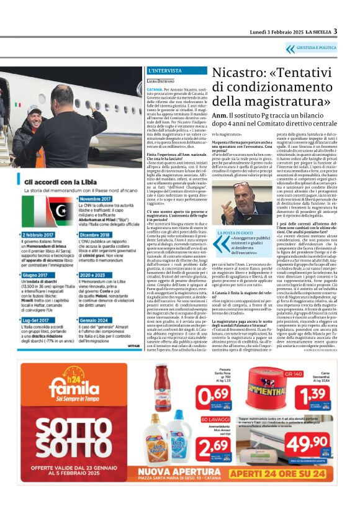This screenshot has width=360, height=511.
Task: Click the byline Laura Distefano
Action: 161,81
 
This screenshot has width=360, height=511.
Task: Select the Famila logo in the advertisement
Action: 65,389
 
